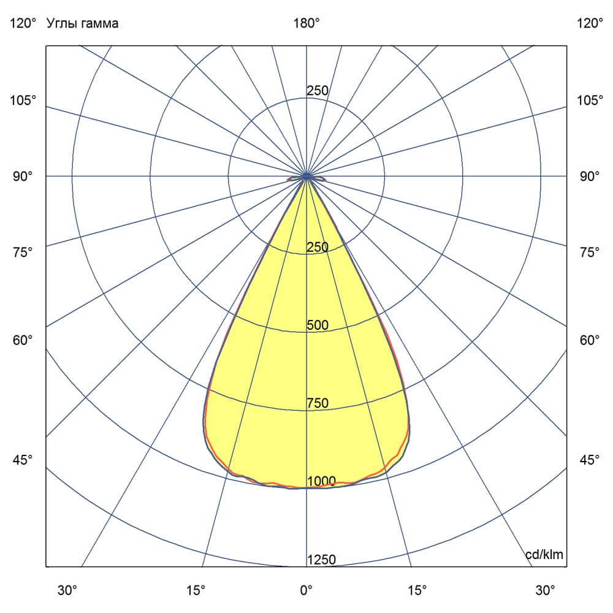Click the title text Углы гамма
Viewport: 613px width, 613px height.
[x=82, y=24]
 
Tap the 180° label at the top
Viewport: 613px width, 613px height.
[x=306, y=24]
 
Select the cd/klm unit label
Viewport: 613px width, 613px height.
[x=544, y=555]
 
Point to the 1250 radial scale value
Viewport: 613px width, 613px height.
[x=322, y=560]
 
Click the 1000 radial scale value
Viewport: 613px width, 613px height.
[x=322, y=481]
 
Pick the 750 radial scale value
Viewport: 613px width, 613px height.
[x=318, y=403]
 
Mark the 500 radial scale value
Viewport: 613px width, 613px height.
[x=318, y=325]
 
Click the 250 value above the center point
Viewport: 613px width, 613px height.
[x=318, y=91]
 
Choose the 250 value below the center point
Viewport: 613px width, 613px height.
[x=318, y=247]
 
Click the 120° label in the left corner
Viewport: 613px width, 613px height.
[x=23, y=24]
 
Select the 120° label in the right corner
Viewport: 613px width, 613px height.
[x=590, y=24]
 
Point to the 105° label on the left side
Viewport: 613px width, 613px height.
[x=23, y=100]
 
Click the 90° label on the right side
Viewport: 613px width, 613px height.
[x=590, y=177]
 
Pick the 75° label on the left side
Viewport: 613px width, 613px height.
[x=23, y=252]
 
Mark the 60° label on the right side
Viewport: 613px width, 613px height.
[x=590, y=340]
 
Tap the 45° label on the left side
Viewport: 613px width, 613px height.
[x=23, y=460]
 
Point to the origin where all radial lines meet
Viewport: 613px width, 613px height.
[x=306, y=177]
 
